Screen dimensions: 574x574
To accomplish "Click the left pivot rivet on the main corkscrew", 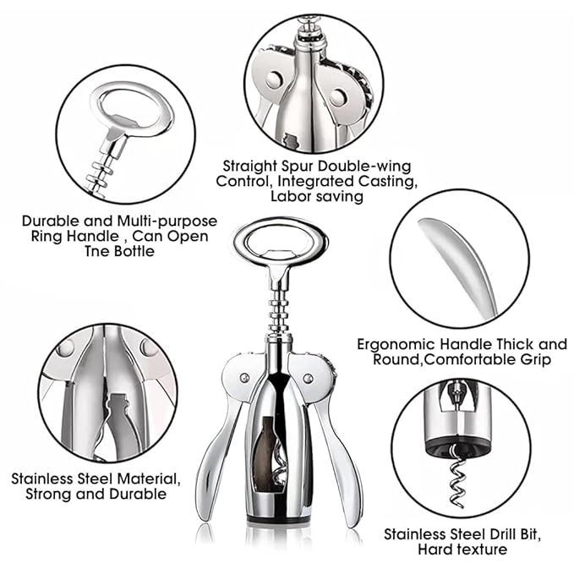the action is point(244,378).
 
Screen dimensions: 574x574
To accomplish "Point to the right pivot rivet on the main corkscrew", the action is point(309,378).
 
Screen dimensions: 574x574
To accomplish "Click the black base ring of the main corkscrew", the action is point(278,518).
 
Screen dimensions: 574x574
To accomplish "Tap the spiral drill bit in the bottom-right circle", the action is point(457,476).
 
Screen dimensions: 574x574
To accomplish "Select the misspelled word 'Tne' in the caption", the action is point(97,251).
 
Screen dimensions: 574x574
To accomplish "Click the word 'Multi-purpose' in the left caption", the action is point(167,221).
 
